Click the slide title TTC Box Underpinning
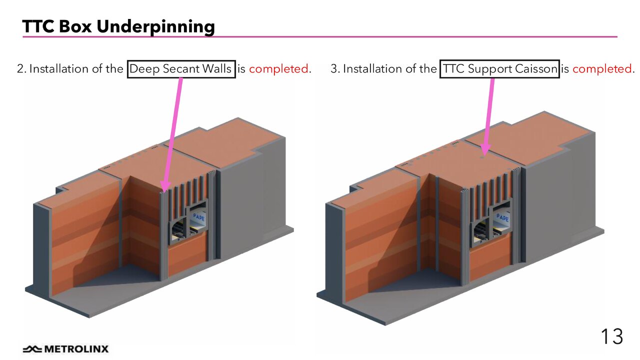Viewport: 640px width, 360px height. point(118,26)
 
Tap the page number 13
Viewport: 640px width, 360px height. point(611,336)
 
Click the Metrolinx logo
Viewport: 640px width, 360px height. point(65,349)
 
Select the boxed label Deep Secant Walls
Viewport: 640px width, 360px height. point(181,68)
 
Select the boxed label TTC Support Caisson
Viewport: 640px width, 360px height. point(499,68)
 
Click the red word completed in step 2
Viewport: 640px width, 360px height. point(278,68)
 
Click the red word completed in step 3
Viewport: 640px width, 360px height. point(602,68)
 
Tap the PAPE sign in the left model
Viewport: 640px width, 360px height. point(198,217)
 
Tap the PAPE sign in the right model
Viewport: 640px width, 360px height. point(502,218)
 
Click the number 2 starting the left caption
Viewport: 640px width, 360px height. point(20,68)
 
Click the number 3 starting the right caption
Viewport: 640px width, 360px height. point(334,68)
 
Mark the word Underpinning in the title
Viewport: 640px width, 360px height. point(155,26)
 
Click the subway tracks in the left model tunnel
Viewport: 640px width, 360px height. point(177,231)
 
